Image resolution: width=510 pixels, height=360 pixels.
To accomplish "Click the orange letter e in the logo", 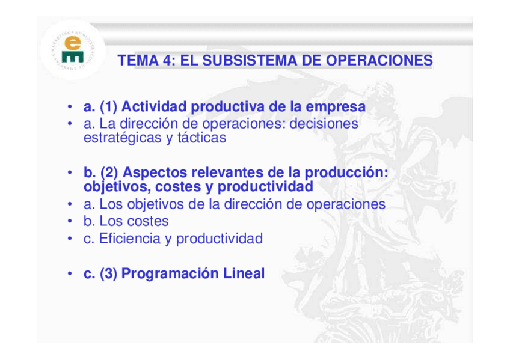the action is pos(73,43).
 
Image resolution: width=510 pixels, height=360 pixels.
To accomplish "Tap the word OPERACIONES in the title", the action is pos(379,61).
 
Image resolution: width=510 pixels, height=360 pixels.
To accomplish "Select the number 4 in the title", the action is pos(167,61).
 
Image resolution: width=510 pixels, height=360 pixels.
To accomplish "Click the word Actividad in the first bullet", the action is pos(154,106).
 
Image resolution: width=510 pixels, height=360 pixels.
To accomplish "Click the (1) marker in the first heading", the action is pos(109,107).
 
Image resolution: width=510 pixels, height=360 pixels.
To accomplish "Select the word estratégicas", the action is pos(122,138).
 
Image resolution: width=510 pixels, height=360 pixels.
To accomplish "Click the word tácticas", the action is pos(201,138).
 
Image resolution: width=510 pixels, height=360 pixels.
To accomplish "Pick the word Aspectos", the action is pos(155,173).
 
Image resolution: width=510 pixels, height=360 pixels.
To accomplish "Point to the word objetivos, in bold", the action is pos(117,187).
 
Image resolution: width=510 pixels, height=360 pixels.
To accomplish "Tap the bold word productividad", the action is pos(265,187).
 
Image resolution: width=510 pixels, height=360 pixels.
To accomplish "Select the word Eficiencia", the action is pos(130,238).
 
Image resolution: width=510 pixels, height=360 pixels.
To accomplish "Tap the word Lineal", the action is pos(244,273).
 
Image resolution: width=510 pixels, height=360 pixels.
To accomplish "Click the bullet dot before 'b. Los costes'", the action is pos(70,221).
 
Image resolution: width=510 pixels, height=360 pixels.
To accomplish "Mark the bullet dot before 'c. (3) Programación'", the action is pos(70,273).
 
